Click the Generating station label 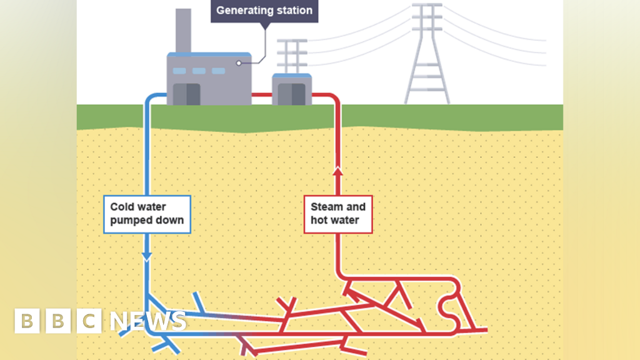[264, 11]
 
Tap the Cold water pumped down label [147, 213]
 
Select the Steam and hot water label [338, 213]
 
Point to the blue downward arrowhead [147, 256]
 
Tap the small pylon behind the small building [292, 56]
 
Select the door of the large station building [186, 94]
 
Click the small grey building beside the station [292, 90]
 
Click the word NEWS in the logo [148, 321]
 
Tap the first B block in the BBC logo [27, 321]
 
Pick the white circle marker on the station [239, 63]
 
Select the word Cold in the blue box [121, 206]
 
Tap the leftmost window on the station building [179, 71]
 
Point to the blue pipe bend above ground [151, 97]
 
